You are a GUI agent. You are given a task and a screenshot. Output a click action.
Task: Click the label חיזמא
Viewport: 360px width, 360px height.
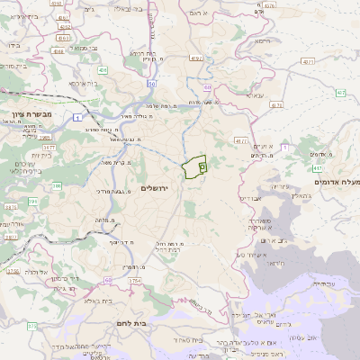[262, 40]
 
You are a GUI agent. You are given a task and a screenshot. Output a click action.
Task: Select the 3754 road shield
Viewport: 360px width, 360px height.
[135, 282]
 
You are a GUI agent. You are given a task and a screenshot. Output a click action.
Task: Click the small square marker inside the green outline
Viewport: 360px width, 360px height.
[202, 166]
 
